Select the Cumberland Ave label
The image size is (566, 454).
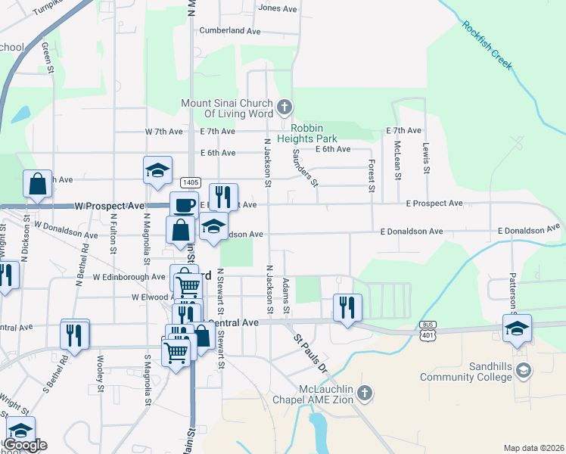point(229,31)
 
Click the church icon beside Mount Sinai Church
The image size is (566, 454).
point(285,107)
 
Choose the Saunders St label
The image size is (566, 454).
point(305,167)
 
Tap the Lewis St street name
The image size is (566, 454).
point(427,157)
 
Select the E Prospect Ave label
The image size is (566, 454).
point(434,204)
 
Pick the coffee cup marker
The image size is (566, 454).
point(184,204)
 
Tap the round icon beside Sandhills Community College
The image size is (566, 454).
point(525,371)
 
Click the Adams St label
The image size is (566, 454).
point(286,296)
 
